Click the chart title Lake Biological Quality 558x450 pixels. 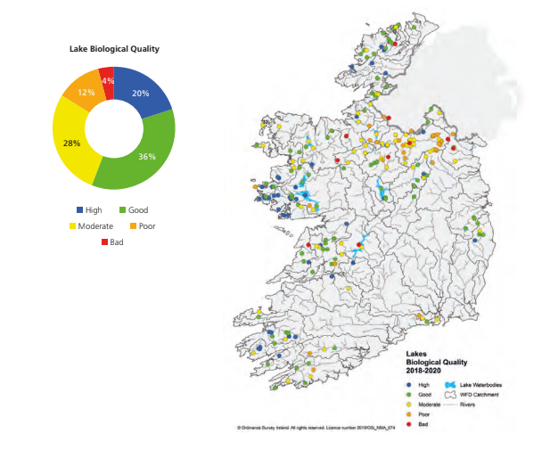tap(114, 48)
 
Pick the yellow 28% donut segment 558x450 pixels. tap(73, 143)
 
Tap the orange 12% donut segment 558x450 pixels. tap(85, 92)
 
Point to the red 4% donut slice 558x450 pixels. tap(107, 78)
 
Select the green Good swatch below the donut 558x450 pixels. tap(122, 210)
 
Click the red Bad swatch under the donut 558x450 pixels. tap(103, 242)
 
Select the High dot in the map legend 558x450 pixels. tap(409, 384)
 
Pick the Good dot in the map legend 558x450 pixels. tap(409, 394)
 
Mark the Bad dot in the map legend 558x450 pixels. tap(409, 423)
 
